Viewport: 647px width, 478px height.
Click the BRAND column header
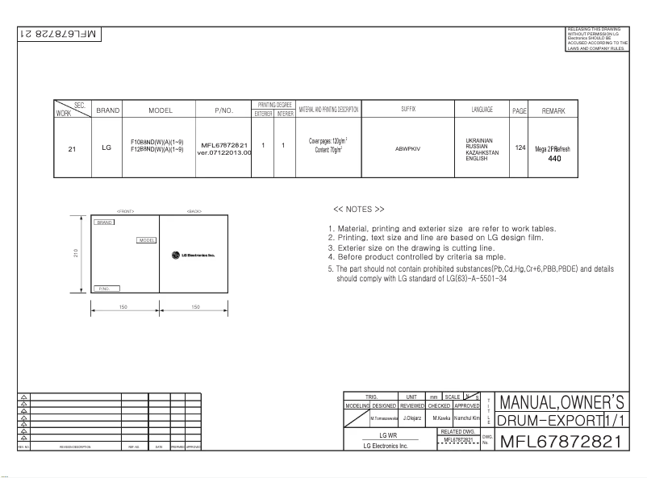(107, 110)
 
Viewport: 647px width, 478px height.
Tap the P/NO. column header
(223, 110)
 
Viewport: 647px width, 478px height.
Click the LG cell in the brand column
(107, 148)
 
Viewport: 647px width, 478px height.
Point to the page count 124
(520, 148)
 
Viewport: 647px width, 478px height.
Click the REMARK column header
(553, 110)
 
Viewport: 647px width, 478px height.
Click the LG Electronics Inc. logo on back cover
(193, 256)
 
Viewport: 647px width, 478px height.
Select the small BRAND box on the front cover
(104, 222)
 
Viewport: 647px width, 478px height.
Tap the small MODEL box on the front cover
(147, 240)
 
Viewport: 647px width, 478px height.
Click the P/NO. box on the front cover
(107, 287)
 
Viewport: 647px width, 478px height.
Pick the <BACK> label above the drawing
(194, 211)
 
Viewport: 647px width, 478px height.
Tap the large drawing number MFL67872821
(561, 441)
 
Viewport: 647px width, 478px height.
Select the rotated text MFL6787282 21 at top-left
(56, 35)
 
